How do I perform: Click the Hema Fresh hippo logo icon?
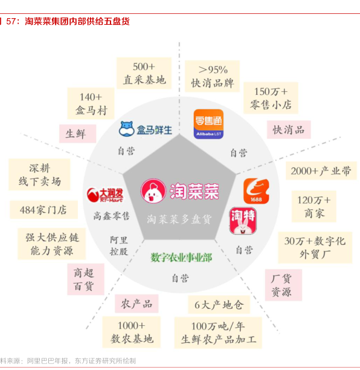(127, 129)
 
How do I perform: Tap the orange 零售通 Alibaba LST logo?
(208, 124)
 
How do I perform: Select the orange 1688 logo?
(256, 191)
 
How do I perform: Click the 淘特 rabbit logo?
(243, 221)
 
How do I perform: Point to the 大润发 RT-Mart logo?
(105, 195)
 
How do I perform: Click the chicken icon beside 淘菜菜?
(153, 191)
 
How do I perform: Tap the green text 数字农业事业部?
(181, 258)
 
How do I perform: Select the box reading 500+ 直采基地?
(144, 73)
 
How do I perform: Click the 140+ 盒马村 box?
(91, 103)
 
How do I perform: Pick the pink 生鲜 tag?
(77, 134)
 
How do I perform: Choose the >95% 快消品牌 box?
(212, 76)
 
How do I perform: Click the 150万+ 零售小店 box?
(271, 98)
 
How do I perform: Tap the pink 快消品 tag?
(289, 129)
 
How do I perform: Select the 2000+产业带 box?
(321, 171)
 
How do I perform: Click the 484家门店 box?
(43, 210)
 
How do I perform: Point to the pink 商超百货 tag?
(86, 279)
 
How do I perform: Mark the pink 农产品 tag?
(137, 303)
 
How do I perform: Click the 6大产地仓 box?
(219, 305)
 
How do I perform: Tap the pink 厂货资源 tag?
(283, 285)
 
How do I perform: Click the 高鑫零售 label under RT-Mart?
(112, 216)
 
